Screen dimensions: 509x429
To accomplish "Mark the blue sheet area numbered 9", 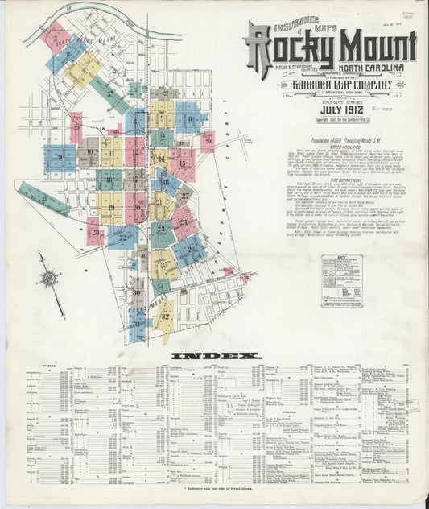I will [60, 157].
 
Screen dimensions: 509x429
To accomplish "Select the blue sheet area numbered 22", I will [122, 236].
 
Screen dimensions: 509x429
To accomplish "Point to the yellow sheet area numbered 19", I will [110, 208].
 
